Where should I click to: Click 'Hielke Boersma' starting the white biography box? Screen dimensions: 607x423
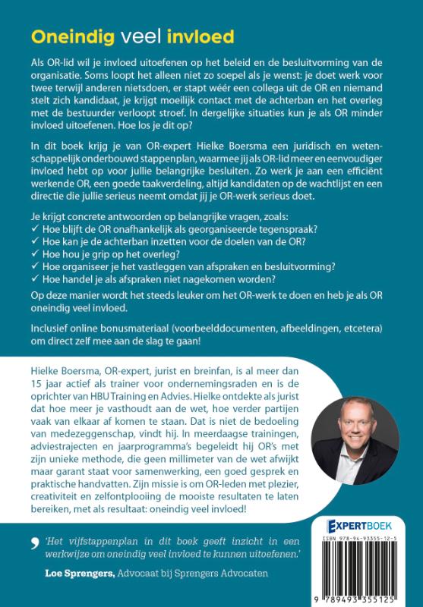point(67,370)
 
